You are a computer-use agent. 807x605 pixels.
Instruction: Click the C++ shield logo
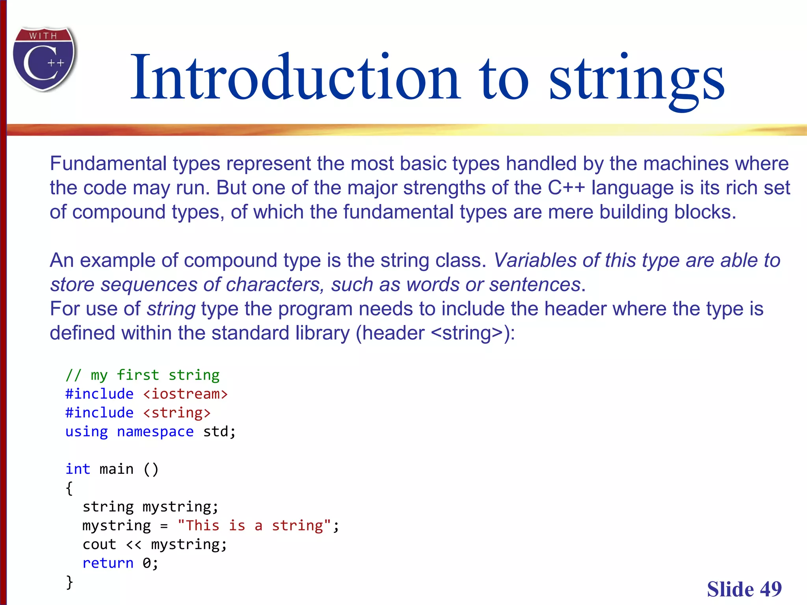pos(44,59)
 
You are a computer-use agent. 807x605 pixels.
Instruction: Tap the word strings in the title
pos(636,79)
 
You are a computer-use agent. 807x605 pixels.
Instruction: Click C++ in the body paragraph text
pos(566,188)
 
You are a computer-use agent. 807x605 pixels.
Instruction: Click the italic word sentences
pos(535,284)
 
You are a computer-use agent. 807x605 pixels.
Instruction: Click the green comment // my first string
pos(142,375)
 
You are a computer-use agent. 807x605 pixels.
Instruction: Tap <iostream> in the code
pos(185,394)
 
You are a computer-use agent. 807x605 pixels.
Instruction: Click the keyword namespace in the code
pos(155,432)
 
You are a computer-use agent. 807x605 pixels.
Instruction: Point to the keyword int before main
pos(78,469)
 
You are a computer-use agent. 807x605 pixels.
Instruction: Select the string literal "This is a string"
pos(254,525)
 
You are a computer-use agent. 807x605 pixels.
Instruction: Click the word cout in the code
pos(99,544)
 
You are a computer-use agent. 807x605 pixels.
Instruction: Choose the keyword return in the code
pos(108,563)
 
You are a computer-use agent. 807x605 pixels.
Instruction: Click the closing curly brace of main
pos(70,582)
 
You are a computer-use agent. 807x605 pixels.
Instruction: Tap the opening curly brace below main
pos(69,488)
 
